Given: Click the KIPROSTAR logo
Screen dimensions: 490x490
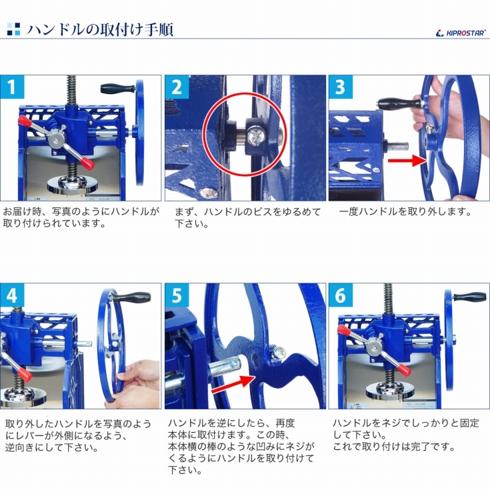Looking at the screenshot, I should [x=461, y=32].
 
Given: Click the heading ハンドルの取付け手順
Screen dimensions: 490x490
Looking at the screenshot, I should [x=100, y=29].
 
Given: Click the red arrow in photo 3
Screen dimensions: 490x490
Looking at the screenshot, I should [x=407, y=160].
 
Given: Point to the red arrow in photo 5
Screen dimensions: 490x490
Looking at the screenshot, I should [x=233, y=383].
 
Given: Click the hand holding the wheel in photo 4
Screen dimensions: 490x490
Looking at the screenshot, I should [x=142, y=377].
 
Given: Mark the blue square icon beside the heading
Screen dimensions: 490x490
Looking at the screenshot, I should [x=13, y=29].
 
